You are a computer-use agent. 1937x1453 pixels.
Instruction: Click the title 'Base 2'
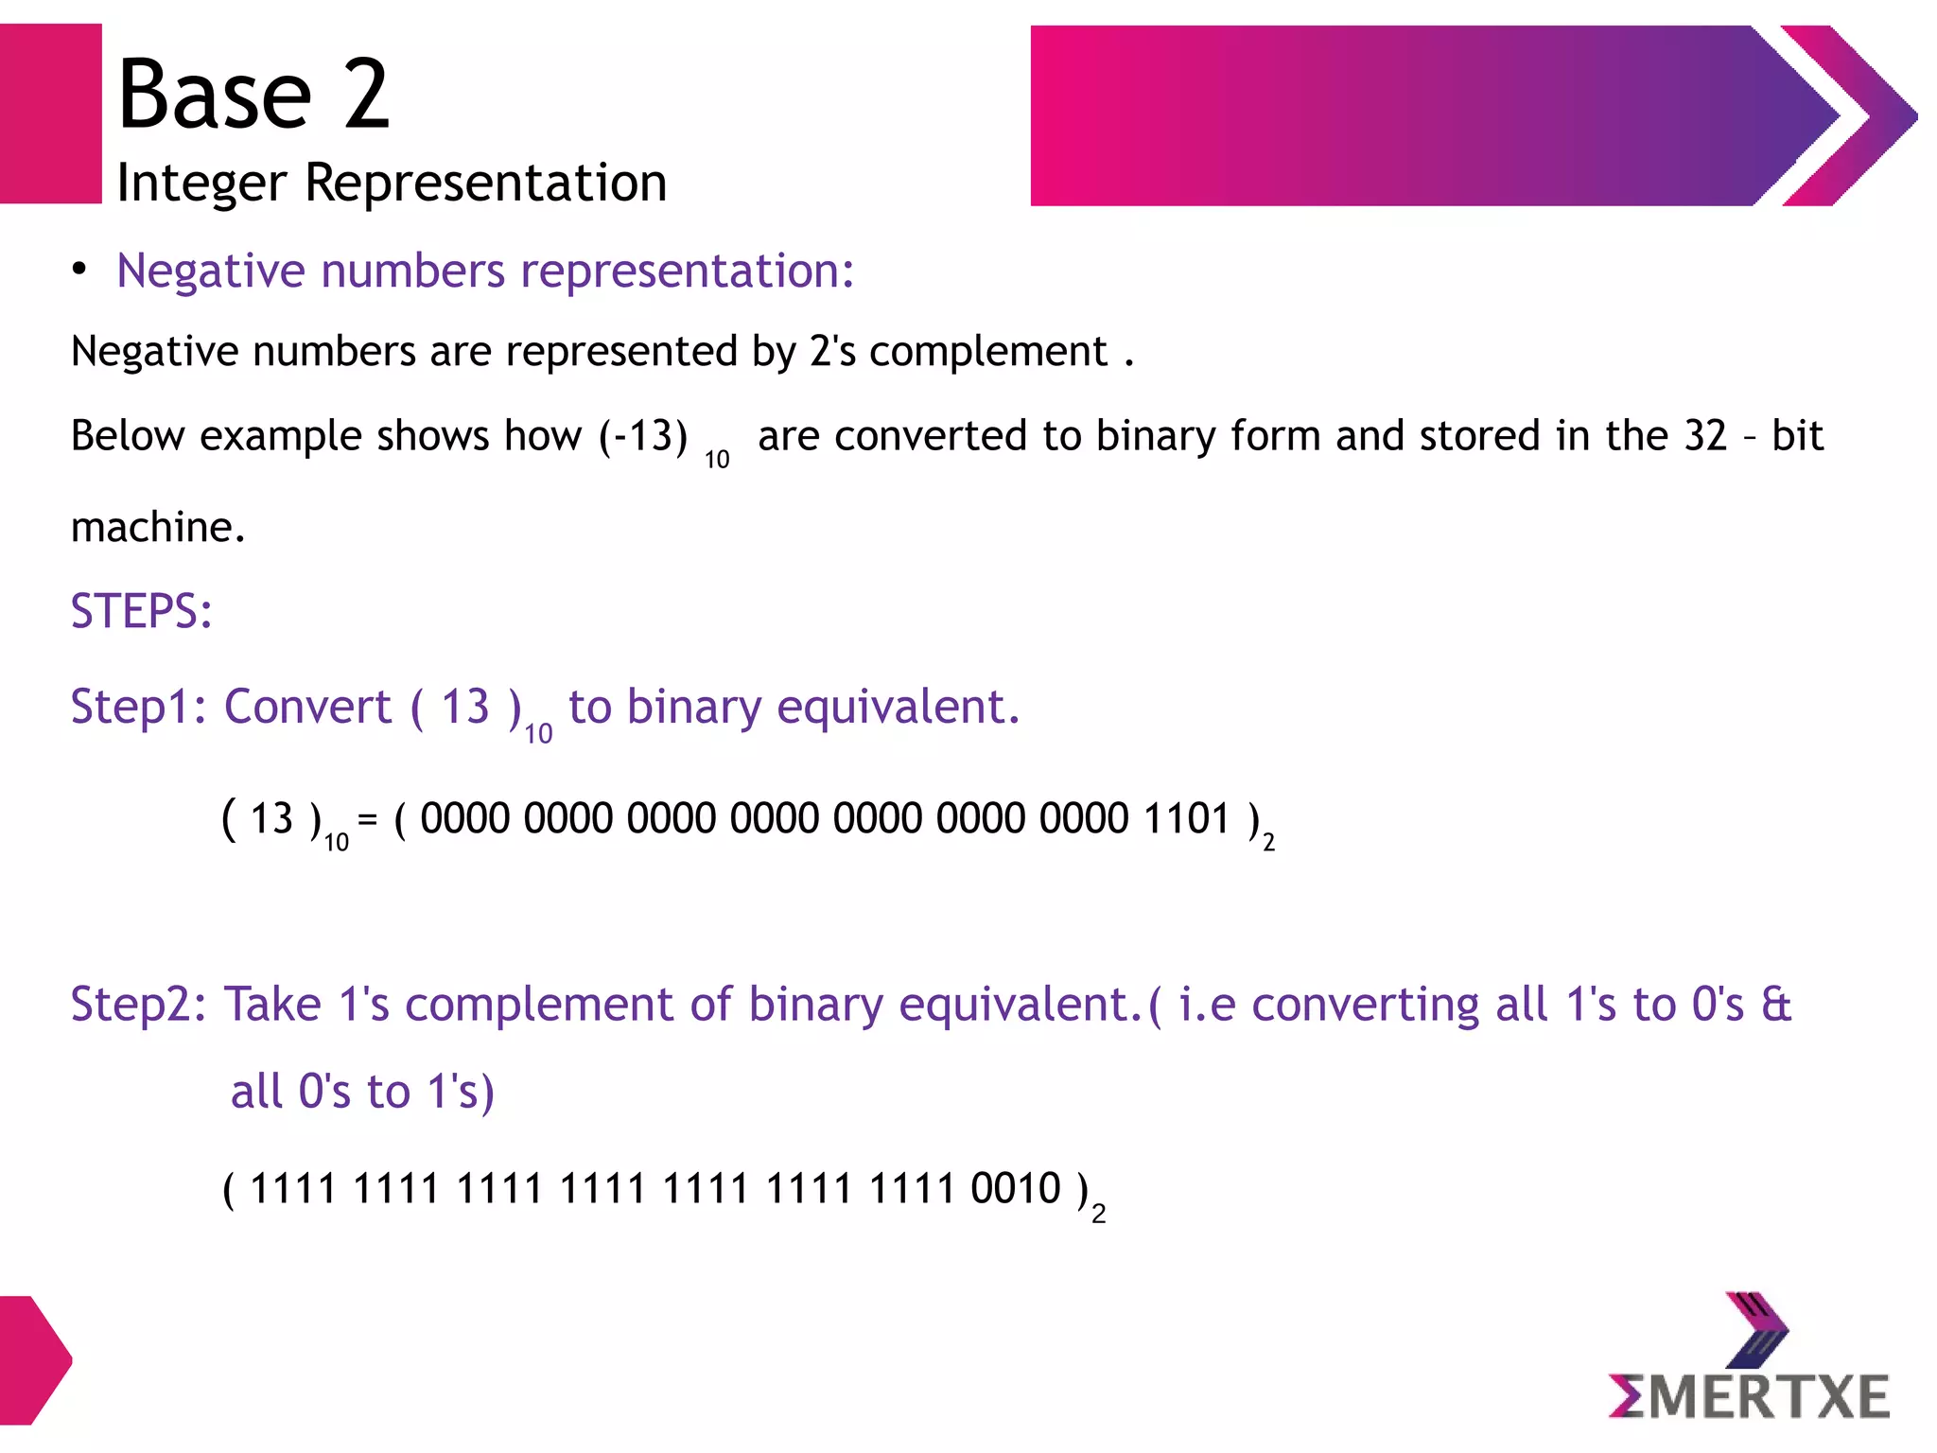[253, 94]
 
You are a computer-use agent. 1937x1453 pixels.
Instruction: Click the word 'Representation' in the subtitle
[485, 183]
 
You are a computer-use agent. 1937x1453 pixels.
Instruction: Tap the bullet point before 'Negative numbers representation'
[80, 270]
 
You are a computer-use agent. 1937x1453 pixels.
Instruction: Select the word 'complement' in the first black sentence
[987, 353]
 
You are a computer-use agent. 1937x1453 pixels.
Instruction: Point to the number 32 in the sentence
[1705, 436]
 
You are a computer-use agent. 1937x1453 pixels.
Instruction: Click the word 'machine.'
[158, 527]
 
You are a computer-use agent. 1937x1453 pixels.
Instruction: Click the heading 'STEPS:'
[142, 611]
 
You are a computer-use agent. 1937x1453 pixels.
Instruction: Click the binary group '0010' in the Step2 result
[1016, 1188]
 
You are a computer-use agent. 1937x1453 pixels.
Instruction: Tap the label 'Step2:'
[139, 1005]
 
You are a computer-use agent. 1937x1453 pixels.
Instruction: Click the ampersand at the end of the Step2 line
[1775, 1005]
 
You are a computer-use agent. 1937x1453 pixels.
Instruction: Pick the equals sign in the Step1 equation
[368, 818]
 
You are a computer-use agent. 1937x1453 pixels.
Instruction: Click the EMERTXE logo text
[1749, 1397]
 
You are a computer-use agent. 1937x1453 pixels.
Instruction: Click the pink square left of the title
[50, 114]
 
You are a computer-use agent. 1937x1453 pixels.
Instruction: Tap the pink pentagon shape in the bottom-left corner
[33, 1360]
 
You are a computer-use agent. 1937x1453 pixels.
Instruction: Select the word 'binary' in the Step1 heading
[693, 707]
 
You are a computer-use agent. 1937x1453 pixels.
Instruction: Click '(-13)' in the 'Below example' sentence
[643, 436]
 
